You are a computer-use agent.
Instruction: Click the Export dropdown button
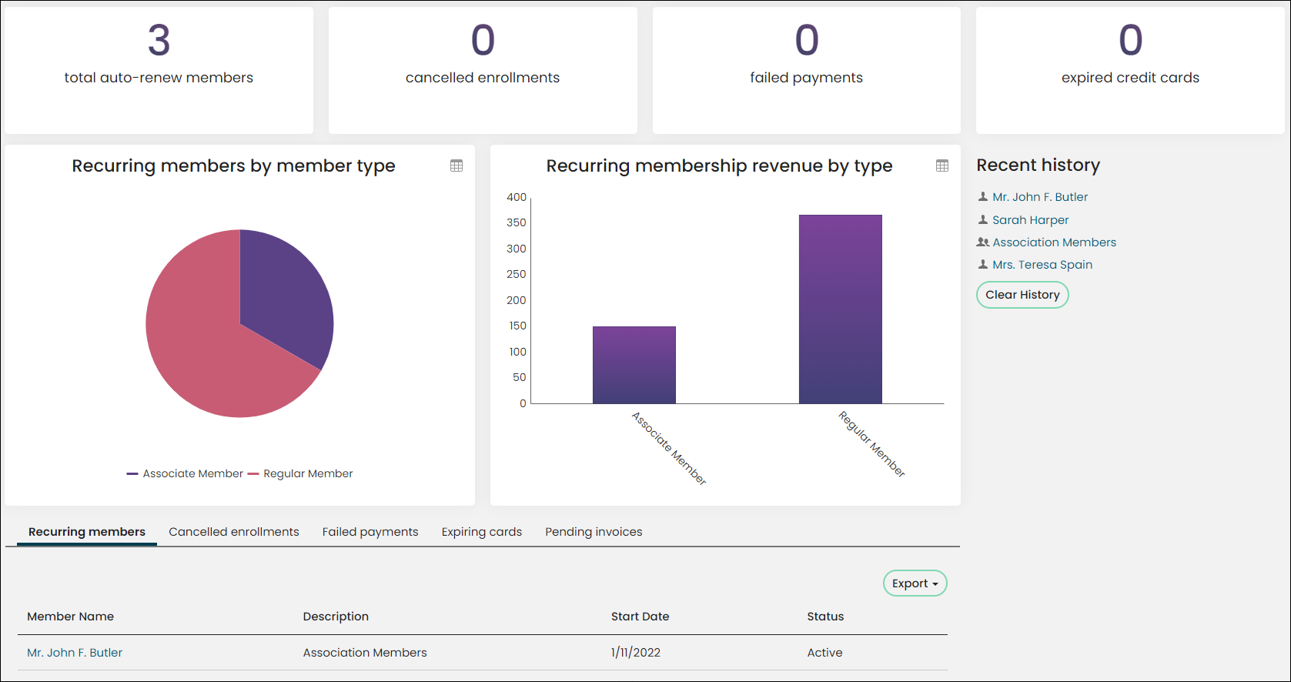point(915,583)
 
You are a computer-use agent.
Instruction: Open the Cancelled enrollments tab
point(233,532)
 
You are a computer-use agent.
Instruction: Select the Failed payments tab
point(370,532)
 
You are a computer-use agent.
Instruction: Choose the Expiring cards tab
point(482,532)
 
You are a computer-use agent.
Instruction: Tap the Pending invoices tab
point(594,532)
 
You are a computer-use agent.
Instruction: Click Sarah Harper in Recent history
point(1031,219)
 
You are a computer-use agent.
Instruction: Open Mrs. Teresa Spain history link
point(1042,265)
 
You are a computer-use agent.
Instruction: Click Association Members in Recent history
point(1054,242)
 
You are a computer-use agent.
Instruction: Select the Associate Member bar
point(634,365)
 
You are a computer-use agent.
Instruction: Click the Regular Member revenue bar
point(841,309)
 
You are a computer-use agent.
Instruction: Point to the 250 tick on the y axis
point(517,274)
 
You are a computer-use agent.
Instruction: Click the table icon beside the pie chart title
point(457,166)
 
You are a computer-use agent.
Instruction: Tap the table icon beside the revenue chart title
point(942,166)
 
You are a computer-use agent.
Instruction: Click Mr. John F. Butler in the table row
point(75,653)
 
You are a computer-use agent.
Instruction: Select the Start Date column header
point(640,617)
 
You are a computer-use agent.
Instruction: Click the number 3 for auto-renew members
point(159,40)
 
